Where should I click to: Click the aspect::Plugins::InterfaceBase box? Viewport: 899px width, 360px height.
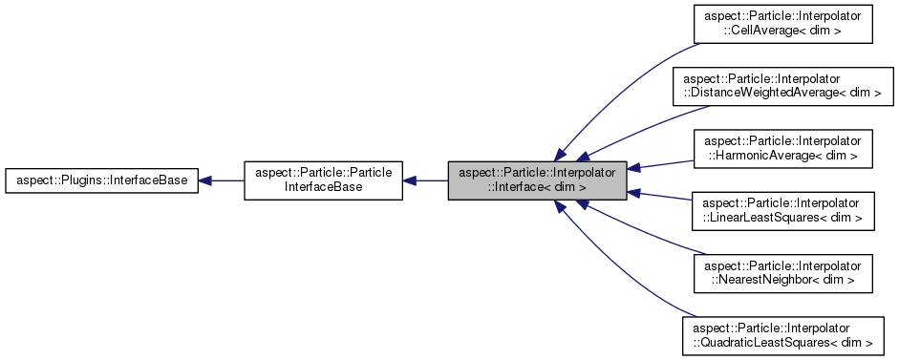click(x=101, y=180)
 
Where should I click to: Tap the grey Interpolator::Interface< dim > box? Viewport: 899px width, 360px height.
click(x=538, y=180)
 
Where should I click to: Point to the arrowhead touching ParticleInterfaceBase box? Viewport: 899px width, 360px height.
click(x=411, y=180)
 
